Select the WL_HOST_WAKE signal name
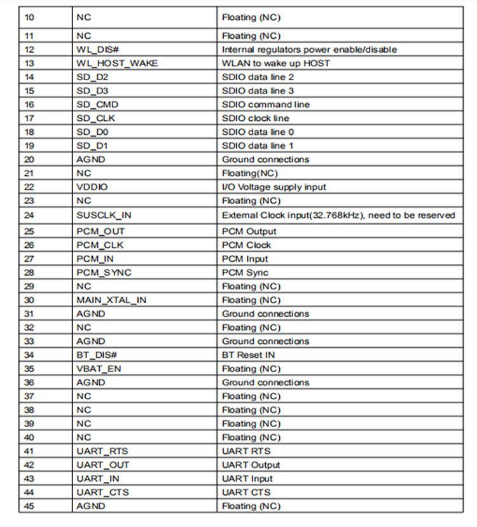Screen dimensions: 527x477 click(x=117, y=64)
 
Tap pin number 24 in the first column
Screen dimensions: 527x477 click(x=29, y=216)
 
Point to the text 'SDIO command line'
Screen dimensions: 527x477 click(x=266, y=105)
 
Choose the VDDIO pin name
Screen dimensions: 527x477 click(x=92, y=188)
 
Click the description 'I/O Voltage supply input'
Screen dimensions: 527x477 click(x=274, y=188)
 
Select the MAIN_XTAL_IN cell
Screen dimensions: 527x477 click(x=111, y=300)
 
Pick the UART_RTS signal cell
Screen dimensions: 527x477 click(x=102, y=451)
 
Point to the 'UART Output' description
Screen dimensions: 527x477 click(x=251, y=465)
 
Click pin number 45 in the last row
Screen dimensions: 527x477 click(x=29, y=506)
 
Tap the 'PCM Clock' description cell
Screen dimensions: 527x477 click(x=246, y=245)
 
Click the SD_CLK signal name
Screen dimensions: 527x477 click(x=95, y=119)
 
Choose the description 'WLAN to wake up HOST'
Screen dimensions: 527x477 click(x=276, y=64)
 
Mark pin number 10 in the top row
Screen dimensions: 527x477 click(x=29, y=18)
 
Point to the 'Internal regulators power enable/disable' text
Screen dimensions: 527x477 click(x=309, y=50)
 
